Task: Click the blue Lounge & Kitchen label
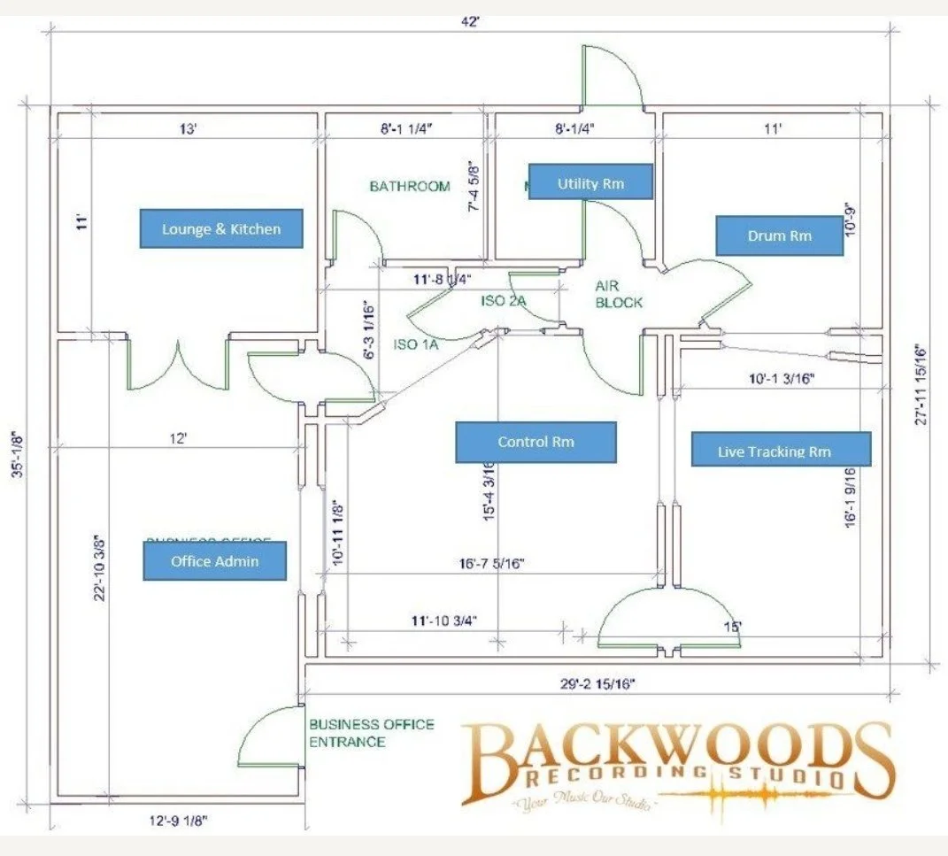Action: coord(221,228)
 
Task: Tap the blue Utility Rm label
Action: coord(590,183)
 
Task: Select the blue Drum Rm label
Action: coord(779,235)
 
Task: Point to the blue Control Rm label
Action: coord(536,442)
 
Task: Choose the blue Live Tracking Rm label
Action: coord(781,450)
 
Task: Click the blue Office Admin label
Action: coord(215,561)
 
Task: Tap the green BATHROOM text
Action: coord(410,186)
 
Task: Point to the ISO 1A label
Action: coord(415,344)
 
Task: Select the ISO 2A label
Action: coord(504,301)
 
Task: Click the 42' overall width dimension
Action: coord(470,21)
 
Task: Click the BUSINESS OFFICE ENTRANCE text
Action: coord(371,732)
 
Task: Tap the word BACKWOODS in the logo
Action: coord(677,751)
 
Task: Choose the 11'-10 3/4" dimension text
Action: coord(445,621)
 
